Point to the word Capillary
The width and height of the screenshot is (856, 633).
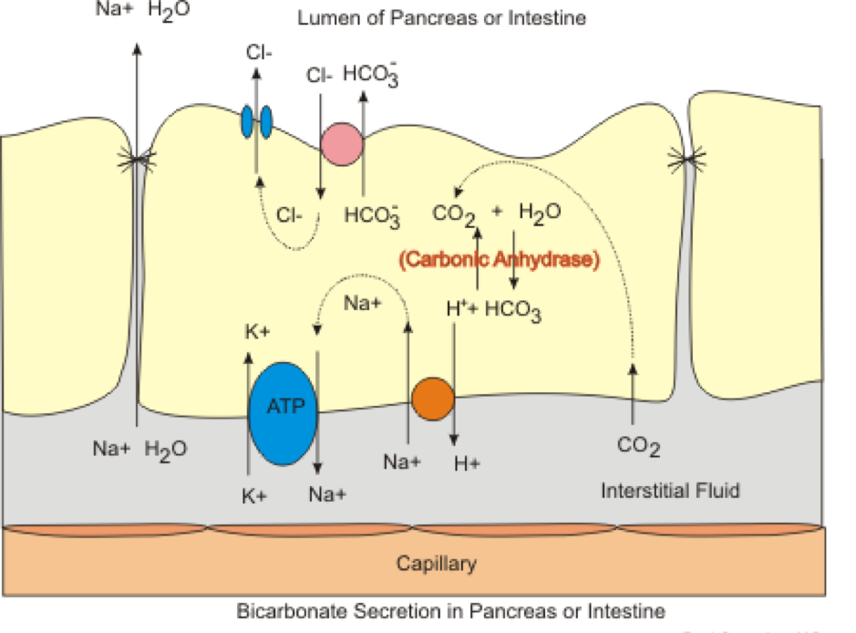[x=436, y=563]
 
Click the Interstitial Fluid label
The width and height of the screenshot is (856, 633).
[x=670, y=491]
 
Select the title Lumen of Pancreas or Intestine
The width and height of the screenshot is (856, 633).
[x=441, y=16]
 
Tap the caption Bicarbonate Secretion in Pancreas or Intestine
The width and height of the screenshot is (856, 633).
[x=450, y=610]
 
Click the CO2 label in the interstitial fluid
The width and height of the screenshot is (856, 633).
[x=638, y=447]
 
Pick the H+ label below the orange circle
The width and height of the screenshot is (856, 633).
[x=467, y=463]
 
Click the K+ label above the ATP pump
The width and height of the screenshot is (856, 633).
[x=256, y=333]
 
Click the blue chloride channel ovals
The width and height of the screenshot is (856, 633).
[x=256, y=122]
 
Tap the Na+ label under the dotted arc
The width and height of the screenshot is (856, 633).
[x=362, y=304]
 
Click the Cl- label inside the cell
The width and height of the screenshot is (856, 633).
[x=291, y=216]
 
